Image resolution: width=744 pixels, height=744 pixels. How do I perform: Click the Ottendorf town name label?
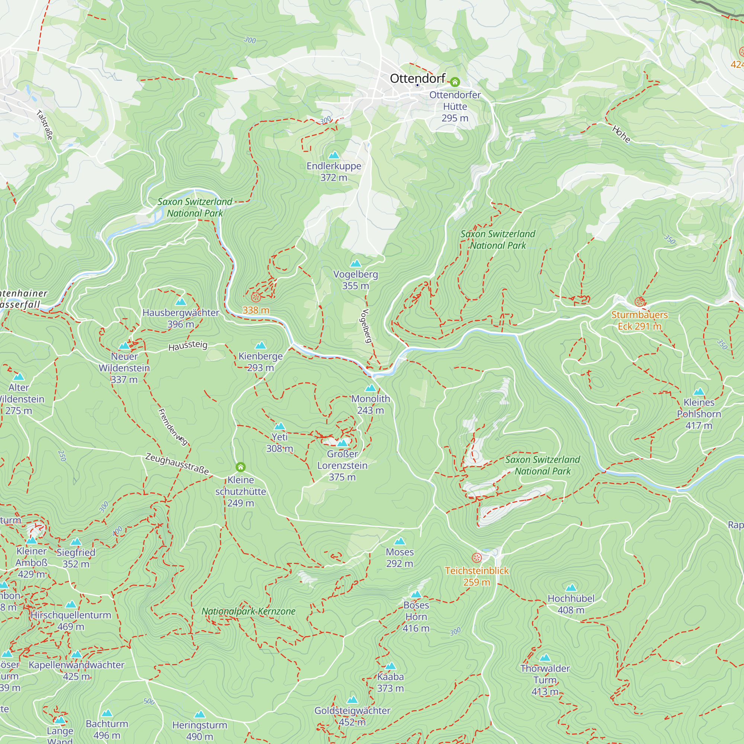(417, 78)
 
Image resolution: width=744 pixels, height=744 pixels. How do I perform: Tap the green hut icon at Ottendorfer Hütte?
(455, 82)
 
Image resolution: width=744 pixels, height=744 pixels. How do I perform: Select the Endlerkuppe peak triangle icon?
(333, 155)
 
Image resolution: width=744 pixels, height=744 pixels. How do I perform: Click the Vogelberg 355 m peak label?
(355, 280)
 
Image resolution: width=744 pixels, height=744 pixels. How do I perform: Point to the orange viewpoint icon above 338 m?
(256, 297)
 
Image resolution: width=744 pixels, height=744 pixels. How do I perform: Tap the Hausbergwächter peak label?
(181, 318)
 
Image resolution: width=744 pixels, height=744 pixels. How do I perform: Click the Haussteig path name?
(188, 346)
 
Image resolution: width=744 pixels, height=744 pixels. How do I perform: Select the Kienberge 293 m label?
(261, 362)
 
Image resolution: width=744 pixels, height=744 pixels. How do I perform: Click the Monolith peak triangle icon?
(371, 388)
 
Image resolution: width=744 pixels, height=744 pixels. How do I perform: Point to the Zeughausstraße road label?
(177, 464)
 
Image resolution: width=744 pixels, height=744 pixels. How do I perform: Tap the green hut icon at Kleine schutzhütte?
(241, 467)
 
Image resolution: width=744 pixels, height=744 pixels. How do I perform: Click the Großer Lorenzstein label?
(342, 465)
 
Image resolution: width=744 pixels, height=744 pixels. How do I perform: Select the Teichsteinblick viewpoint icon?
(477, 558)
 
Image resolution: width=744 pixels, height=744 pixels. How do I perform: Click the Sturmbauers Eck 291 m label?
(639, 320)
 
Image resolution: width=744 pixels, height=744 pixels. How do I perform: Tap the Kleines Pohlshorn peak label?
(699, 414)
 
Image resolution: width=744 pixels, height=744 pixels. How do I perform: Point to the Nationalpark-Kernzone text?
(248, 611)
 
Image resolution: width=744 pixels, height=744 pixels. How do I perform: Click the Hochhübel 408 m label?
(571, 604)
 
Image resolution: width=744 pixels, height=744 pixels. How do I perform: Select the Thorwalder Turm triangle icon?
(545, 657)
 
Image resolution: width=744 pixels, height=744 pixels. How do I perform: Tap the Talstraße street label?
(45, 125)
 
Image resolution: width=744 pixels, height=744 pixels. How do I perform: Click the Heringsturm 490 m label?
(199, 731)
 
